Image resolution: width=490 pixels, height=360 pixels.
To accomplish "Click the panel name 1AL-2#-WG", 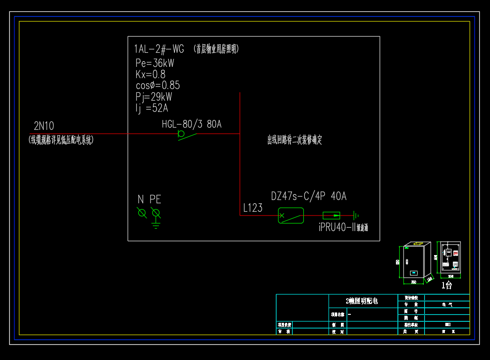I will click(159, 49).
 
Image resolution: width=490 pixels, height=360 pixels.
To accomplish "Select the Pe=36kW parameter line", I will click(155, 63).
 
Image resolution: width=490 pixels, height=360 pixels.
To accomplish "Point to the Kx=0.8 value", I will click(150, 74).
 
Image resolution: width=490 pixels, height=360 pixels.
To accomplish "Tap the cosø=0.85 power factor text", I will click(158, 86).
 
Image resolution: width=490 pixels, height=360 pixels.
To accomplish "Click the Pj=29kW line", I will click(154, 97).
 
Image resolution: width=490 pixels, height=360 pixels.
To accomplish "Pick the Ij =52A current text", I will click(151, 108).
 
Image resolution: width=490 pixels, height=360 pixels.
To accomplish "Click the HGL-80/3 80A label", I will click(191, 125).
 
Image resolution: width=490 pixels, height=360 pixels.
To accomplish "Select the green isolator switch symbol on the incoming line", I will click(186, 135).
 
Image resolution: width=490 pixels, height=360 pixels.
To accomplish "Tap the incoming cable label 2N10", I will click(44, 126).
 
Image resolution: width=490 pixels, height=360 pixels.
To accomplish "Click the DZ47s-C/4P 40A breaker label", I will click(308, 197).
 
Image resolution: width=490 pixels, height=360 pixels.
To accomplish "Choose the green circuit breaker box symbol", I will click(291, 216).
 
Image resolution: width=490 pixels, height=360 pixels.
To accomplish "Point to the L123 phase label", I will click(253, 208).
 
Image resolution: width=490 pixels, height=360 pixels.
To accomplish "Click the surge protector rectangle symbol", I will click(331, 216).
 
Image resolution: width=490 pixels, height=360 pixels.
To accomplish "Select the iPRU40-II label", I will click(336, 228).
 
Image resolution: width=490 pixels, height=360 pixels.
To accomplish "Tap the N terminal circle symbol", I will click(142, 213).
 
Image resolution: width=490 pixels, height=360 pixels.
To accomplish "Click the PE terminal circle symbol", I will click(156, 213).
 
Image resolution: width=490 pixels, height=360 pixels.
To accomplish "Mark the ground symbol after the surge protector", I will click(356, 216).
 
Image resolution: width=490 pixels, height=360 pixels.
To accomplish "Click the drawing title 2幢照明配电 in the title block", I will click(362, 301).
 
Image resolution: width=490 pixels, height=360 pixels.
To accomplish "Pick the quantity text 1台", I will click(447, 285).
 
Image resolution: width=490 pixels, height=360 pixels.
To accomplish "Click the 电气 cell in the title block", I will click(447, 304).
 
